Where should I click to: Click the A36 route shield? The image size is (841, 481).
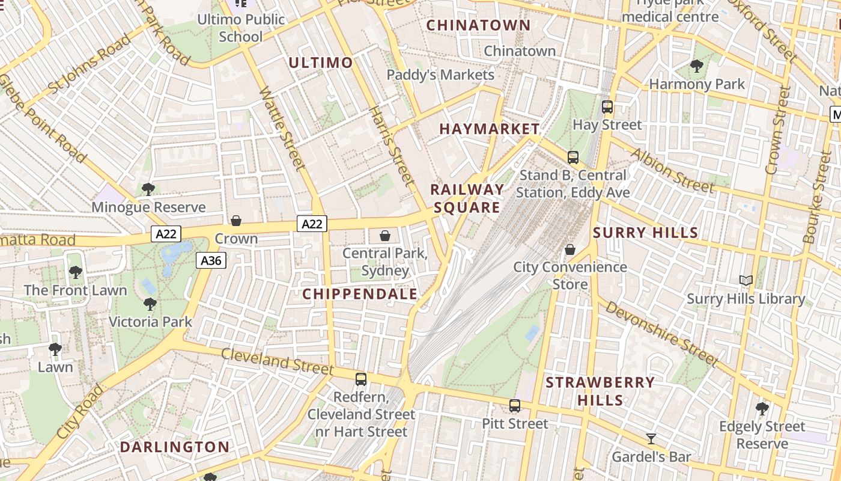(210, 260)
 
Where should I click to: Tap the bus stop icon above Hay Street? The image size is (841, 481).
(607, 107)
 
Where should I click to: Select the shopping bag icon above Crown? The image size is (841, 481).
(236, 221)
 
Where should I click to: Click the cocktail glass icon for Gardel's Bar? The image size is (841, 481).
(651, 438)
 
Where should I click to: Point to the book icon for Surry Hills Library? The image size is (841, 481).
(745, 280)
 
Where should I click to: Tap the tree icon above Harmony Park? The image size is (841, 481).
(697, 66)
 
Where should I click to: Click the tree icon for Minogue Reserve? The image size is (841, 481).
(148, 189)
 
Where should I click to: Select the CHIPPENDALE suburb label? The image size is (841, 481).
(359, 294)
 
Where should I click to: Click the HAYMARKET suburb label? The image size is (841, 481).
(490, 129)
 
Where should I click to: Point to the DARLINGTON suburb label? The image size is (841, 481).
(174, 447)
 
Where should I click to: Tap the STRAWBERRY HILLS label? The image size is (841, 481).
(600, 391)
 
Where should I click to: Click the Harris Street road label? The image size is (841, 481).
(391, 146)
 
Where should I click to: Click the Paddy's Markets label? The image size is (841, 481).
(440, 75)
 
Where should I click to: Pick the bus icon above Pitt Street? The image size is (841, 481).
(515, 405)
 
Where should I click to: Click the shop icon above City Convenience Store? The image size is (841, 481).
(569, 249)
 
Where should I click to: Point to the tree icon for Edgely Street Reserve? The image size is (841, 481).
(762, 409)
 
